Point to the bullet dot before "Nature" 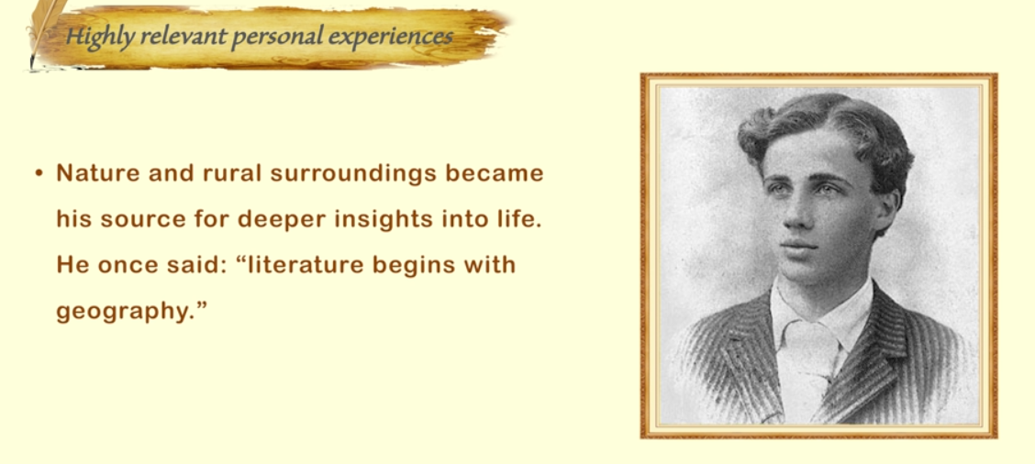[x=39, y=174]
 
